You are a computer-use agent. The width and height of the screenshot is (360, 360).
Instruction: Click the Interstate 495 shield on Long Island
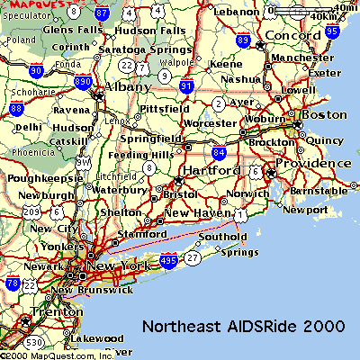(x=167, y=259)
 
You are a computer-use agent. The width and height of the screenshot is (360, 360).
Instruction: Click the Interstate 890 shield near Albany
(x=82, y=82)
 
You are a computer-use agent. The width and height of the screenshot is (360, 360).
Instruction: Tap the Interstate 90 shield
(x=35, y=70)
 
